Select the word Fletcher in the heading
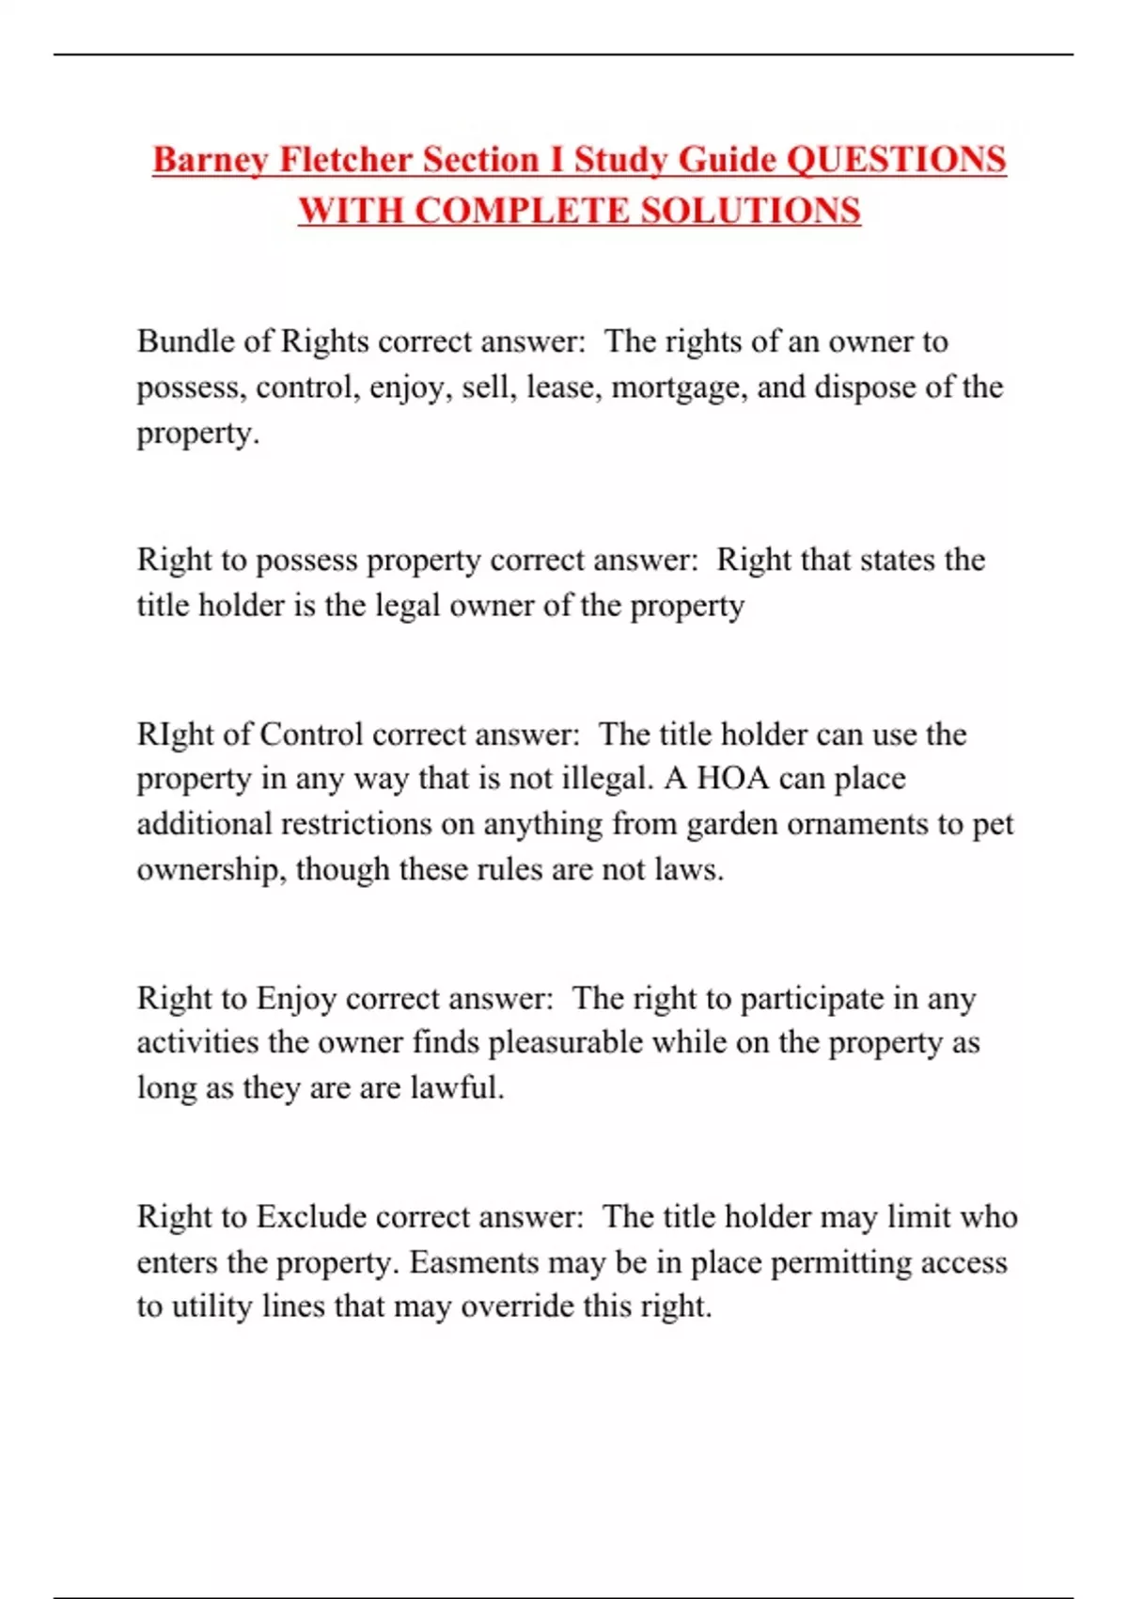346,160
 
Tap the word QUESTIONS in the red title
896,160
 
